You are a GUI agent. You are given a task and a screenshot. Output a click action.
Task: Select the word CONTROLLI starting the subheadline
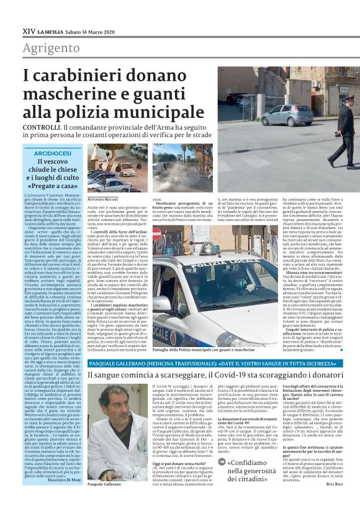tap(43, 127)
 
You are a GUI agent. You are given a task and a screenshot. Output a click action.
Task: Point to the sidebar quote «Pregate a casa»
tap(52, 186)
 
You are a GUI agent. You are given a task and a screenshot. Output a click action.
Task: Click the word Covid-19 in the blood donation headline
tap(232, 375)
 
